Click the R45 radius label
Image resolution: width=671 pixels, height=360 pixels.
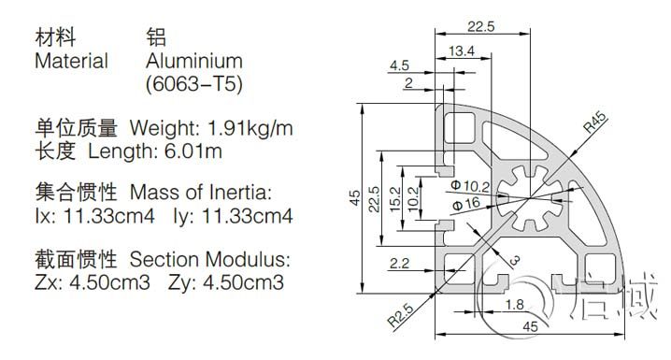[x=595, y=122]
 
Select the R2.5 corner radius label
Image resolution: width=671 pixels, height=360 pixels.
[x=401, y=315]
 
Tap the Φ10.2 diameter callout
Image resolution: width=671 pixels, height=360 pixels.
[x=470, y=186]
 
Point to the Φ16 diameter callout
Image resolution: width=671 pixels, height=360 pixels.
[x=466, y=204]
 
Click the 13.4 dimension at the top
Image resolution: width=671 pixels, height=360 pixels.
[x=462, y=51]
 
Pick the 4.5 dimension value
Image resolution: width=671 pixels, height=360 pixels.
[x=399, y=65]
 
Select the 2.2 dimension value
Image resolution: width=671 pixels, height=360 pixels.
[x=399, y=264]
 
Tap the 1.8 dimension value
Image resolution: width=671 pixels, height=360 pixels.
[x=514, y=305]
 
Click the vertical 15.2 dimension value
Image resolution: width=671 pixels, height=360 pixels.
[x=395, y=198]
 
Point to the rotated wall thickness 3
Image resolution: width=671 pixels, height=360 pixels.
[x=515, y=260]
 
